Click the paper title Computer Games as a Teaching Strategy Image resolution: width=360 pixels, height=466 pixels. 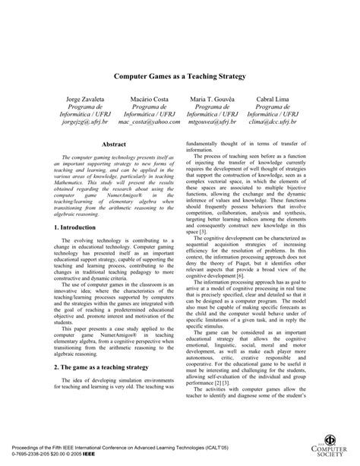179,76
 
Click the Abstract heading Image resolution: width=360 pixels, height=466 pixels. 113,143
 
